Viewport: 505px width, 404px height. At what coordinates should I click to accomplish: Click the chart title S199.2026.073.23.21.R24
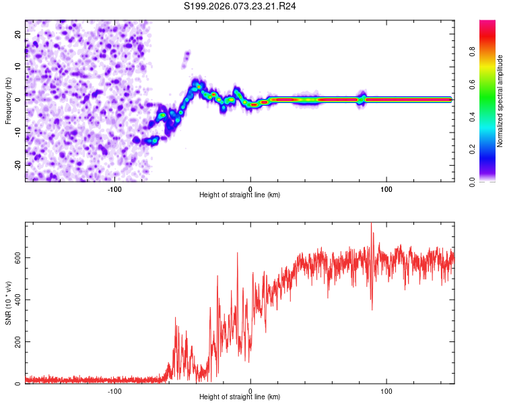(240, 7)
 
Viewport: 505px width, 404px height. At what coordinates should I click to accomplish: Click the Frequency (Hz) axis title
(8, 100)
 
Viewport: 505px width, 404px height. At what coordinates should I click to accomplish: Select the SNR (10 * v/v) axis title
(8, 304)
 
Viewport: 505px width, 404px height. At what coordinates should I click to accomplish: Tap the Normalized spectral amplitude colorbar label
(500, 100)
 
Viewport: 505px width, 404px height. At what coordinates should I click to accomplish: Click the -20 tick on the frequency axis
(18, 164)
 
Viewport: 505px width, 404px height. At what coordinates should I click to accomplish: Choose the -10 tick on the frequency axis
(18, 132)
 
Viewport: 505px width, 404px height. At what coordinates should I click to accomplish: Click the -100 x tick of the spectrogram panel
(114, 189)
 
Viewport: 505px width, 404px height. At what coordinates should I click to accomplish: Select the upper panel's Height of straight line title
(240, 195)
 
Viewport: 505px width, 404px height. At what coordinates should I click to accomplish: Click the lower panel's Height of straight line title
(240, 397)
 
